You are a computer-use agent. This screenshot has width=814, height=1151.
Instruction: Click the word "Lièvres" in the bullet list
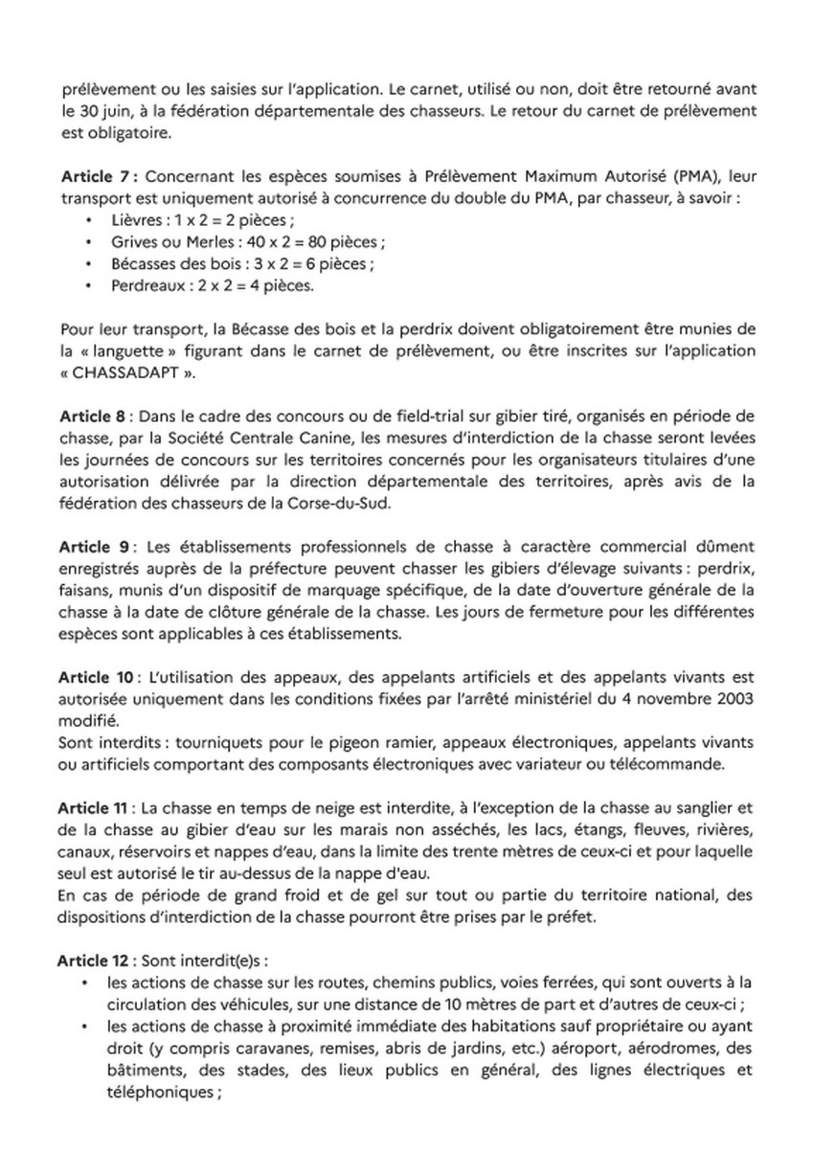[x=134, y=218]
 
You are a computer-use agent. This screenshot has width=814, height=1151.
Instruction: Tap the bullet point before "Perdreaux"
[x=89, y=285]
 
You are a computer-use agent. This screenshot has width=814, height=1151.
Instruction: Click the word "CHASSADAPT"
[x=119, y=373]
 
